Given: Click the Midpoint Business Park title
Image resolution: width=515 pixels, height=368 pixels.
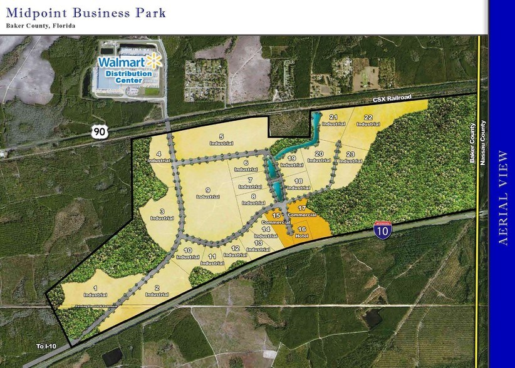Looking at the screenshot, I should point(86,12).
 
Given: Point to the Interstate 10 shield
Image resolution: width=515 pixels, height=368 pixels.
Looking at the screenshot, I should point(380,230).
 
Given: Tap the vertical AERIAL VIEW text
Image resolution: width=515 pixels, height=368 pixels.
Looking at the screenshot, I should point(502,197).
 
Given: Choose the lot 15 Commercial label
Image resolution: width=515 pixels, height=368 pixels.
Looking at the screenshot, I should point(275,220).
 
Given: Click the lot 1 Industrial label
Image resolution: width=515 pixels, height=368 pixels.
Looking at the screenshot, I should point(95,291).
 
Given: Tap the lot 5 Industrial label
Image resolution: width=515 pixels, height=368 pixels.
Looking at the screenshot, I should point(221,140).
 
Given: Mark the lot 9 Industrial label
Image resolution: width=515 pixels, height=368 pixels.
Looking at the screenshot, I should point(207,193).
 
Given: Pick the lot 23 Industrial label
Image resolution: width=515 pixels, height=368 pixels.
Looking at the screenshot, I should point(350,157).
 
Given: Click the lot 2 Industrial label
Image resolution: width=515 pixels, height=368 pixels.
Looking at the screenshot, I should point(157,291).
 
